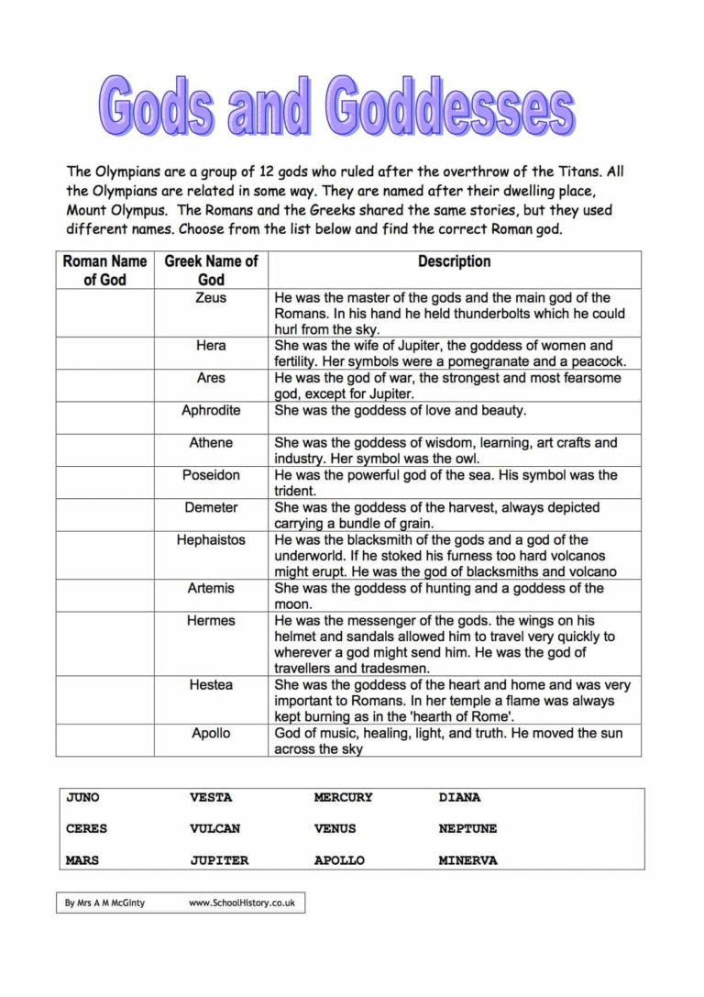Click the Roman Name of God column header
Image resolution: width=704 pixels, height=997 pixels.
[104, 271]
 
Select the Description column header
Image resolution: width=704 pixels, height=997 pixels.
[454, 261]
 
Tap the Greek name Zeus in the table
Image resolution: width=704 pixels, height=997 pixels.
[211, 298]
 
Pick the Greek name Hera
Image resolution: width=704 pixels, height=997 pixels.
[211, 346]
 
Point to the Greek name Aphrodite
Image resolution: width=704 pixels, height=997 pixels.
[211, 410]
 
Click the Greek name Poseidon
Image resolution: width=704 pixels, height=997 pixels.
[211, 475]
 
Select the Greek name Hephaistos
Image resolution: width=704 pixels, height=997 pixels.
[211, 540]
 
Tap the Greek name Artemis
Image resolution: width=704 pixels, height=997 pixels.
[211, 588]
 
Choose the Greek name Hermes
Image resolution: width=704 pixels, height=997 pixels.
[211, 621]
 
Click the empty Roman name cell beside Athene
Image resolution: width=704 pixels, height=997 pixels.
[104, 450]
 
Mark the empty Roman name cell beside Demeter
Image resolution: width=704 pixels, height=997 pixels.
[104, 515]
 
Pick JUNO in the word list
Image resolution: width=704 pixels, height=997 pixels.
[82, 798]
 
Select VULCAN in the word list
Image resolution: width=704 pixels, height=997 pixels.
[214, 829]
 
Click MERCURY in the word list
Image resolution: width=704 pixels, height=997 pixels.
[343, 798]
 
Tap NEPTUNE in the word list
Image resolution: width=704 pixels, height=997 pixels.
[467, 829]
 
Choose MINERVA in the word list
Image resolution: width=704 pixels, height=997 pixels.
[467, 861]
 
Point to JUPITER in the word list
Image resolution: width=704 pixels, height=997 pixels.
[219, 861]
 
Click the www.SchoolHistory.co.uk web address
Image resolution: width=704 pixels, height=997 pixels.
[241, 903]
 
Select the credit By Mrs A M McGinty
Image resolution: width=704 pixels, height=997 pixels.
[104, 903]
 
